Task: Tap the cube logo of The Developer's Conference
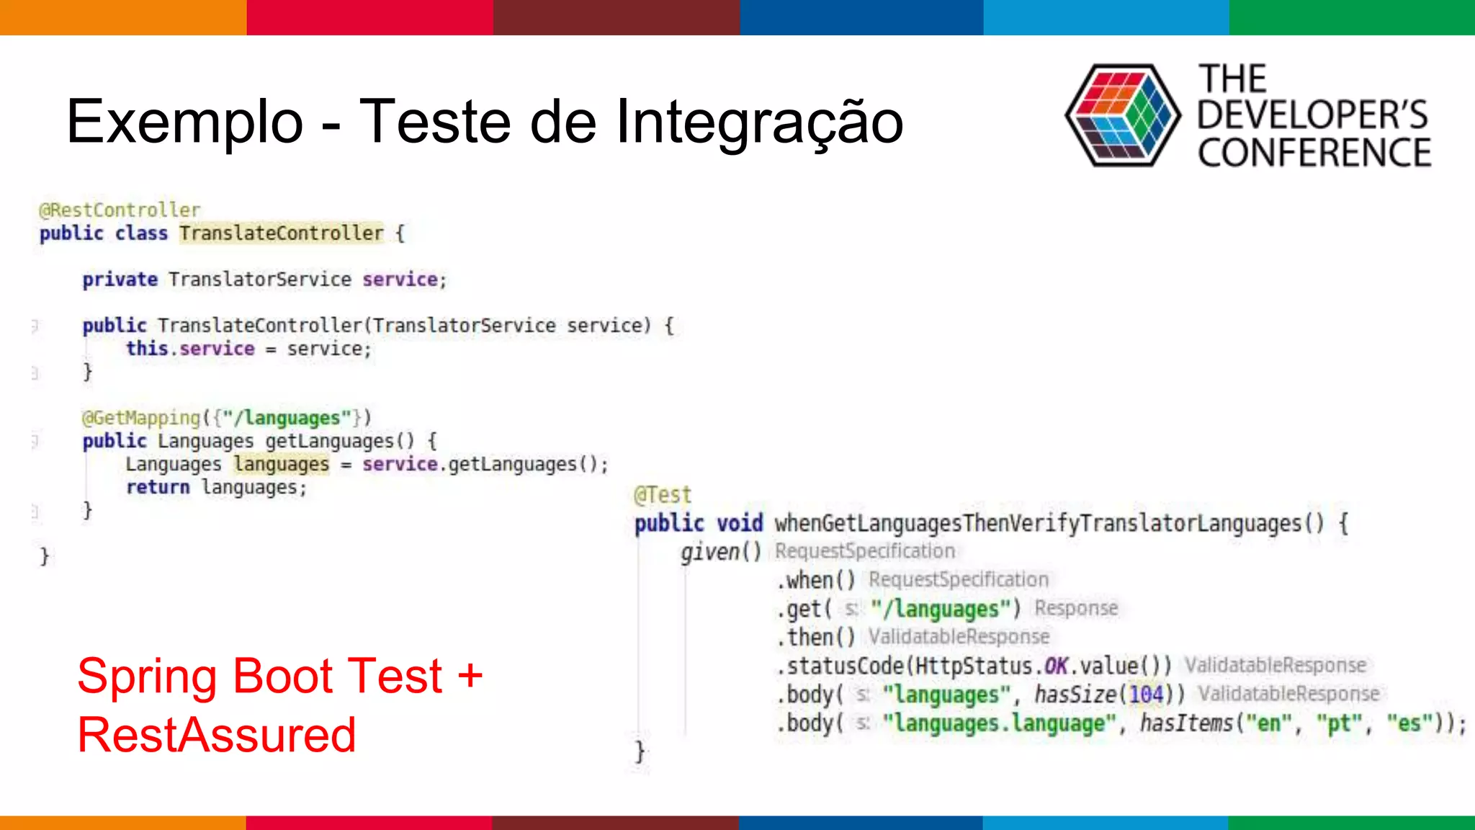click(1121, 115)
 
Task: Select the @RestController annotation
click(120, 210)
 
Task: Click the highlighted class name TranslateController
click(281, 233)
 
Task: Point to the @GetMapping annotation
click(140, 418)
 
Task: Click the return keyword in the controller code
click(158, 488)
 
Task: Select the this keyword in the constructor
click(147, 349)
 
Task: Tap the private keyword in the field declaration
click(120, 280)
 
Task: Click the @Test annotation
click(663, 495)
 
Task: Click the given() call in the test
click(720, 552)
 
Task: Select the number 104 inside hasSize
click(1146, 695)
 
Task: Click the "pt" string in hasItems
click(1338, 723)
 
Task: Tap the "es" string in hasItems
click(1409, 723)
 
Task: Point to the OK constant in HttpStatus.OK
click(1056, 666)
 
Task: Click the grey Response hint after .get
click(1076, 608)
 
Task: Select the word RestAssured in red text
click(217, 736)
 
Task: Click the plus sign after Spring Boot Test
click(470, 677)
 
